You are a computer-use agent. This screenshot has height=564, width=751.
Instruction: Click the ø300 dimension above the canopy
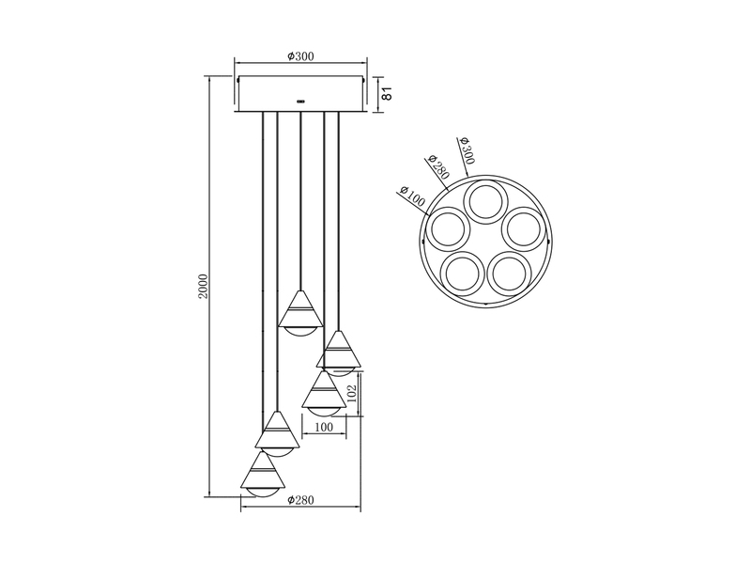coord(300,57)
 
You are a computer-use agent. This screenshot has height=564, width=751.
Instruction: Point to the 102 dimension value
coord(352,393)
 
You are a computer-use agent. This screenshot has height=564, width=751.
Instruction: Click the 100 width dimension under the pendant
coord(324,428)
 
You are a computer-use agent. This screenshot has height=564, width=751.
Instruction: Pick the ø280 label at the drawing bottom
coord(300,500)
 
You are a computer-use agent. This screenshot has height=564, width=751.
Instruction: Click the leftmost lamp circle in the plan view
coord(449,229)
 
